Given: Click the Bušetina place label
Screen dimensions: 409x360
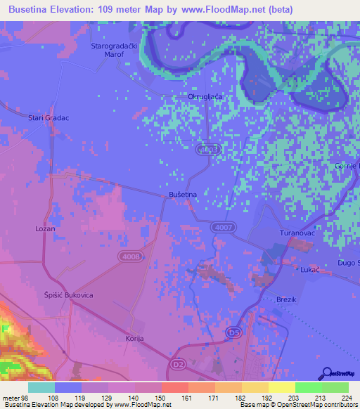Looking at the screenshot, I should (x=182, y=193).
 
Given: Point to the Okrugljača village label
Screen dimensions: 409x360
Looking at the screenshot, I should (x=205, y=96).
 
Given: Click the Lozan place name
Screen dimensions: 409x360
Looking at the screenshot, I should (x=45, y=229).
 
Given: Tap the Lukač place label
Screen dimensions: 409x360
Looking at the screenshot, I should (x=310, y=269).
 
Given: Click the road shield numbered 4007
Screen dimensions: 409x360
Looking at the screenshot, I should (x=224, y=227).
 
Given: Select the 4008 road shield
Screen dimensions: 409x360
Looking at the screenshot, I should (x=129, y=258).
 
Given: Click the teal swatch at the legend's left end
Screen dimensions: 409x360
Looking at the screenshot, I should (x=41, y=387).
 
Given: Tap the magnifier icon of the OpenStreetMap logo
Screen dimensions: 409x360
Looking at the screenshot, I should (x=326, y=374).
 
